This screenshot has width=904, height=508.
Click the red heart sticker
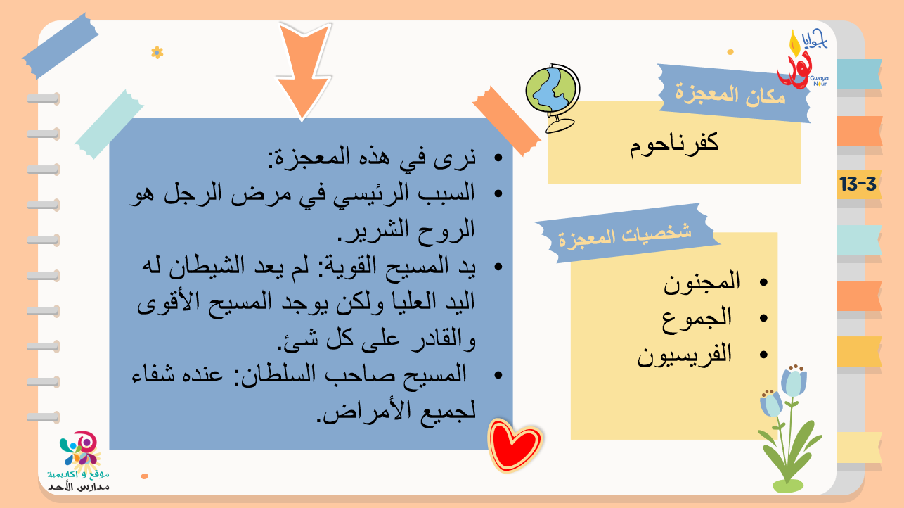[515, 445]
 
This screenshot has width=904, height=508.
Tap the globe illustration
[553, 97]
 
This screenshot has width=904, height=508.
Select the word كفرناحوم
[674, 144]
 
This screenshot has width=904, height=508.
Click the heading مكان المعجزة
[730, 95]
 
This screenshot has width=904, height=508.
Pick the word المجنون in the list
[702, 281]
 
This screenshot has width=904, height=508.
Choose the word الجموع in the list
[697, 318]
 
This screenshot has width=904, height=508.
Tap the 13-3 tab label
[858, 184]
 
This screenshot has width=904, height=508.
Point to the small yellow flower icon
[157, 53]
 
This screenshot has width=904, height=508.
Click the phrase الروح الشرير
[406, 230]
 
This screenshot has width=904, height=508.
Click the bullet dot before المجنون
[763, 282]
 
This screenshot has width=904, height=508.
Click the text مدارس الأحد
[79, 487]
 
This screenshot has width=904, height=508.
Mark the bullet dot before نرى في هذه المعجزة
[498, 158]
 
